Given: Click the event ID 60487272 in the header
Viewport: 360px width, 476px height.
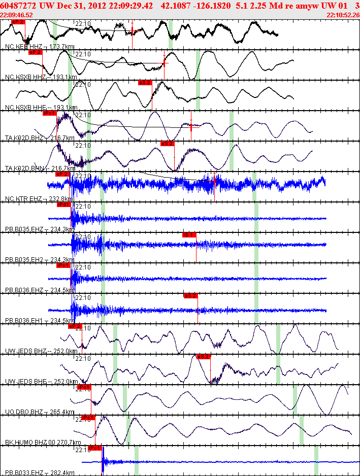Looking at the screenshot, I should pos(18,5).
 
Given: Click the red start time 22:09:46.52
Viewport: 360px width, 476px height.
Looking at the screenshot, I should pos(17,15).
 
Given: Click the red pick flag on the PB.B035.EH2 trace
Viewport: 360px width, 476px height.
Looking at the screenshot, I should pos(189,235).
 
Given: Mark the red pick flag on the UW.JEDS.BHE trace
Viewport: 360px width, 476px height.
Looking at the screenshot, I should pos(203,357).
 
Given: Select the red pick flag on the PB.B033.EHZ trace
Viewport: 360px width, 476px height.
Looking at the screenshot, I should pos(95,448).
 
